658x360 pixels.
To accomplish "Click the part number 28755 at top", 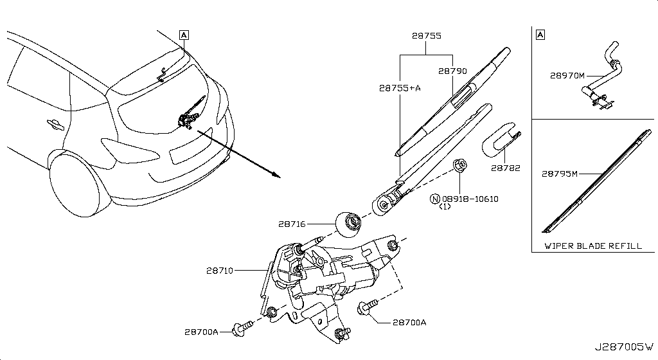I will tap(426, 37).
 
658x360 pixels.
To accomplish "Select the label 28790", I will tap(452, 71).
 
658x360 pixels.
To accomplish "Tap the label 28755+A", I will tap(399, 88).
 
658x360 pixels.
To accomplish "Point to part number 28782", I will tap(505, 168).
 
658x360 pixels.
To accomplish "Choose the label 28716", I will tap(292, 224).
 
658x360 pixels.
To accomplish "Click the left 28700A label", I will tap(201, 332).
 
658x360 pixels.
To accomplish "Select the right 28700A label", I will tap(409, 323).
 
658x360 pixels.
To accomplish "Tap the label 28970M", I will tap(567, 75).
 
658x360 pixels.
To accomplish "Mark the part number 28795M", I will tap(560, 173).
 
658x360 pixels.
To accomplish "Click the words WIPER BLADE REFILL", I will tap(592, 246).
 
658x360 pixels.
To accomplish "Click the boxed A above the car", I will tap(184, 35).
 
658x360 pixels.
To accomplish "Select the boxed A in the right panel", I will tap(540, 35).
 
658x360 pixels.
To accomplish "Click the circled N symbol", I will tap(434, 199).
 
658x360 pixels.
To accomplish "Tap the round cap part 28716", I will tap(349, 223).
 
